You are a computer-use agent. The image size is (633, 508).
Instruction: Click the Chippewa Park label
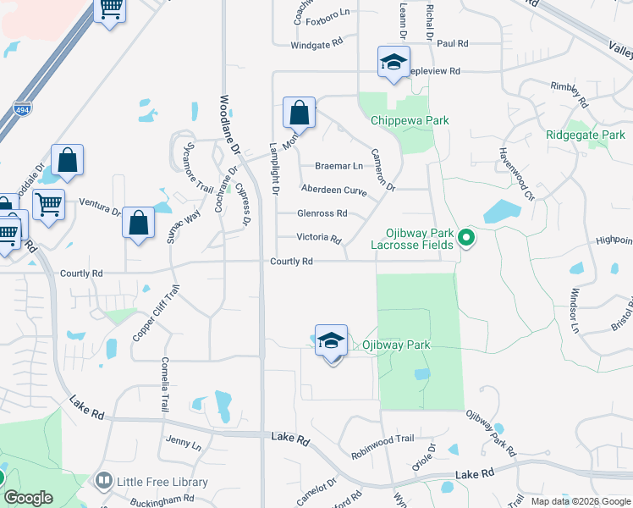[x=410, y=121]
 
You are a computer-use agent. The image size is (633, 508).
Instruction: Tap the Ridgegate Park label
[x=585, y=135]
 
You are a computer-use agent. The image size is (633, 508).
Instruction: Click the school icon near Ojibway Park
[x=332, y=342]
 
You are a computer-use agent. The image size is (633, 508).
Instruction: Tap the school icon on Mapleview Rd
[x=394, y=63]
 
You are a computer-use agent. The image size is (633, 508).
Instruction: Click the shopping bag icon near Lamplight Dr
[x=299, y=113]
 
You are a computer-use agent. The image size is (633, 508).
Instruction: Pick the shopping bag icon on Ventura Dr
[x=138, y=224]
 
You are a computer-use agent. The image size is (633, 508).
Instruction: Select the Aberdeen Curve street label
[x=333, y=190]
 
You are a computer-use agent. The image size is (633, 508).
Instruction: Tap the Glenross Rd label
[x=322, y=213]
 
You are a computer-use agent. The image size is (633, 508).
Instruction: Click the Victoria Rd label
[x=317, y=238]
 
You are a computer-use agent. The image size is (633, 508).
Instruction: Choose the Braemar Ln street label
[x=338, y=166]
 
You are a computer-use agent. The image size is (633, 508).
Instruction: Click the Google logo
[x=28, y=498]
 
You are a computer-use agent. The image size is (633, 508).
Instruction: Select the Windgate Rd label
[x=316, y=43]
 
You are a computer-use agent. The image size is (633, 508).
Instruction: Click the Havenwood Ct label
[x=515, y=174]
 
